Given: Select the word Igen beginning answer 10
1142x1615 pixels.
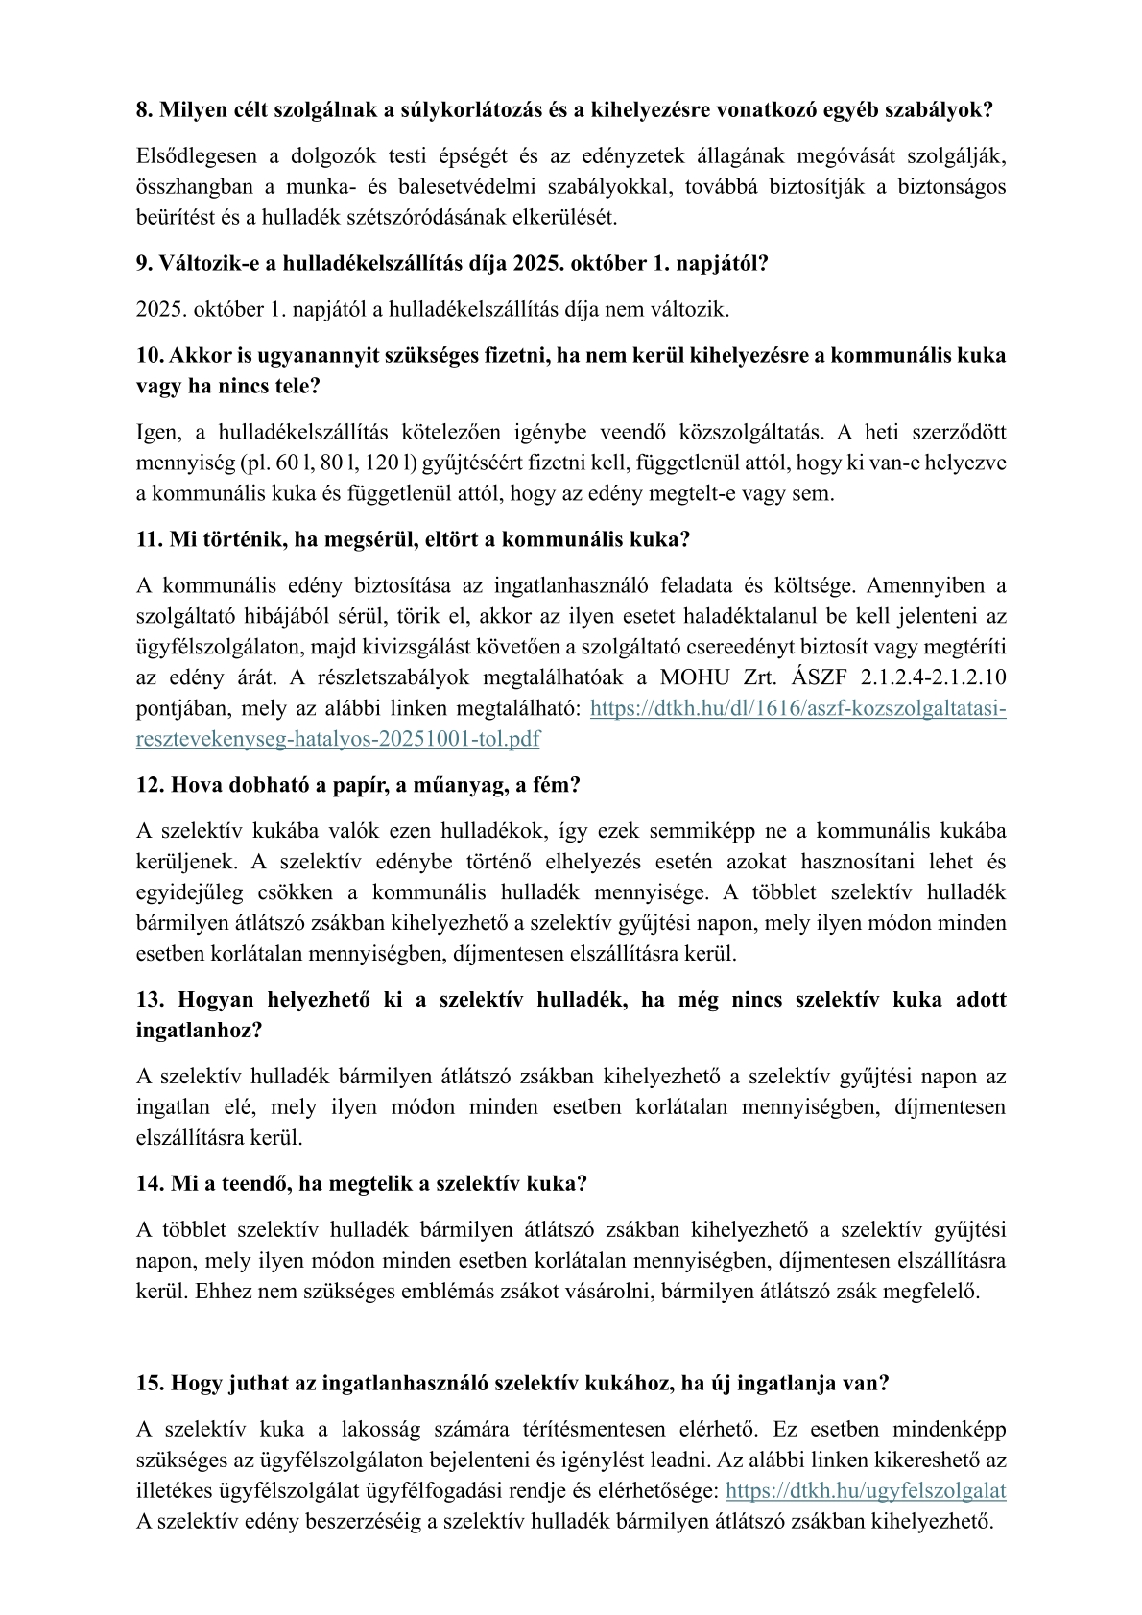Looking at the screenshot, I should coord(154,434).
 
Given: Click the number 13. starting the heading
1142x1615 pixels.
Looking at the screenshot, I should coord(151,1000).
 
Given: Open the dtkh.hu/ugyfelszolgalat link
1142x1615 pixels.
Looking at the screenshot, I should coord(866,1491).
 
